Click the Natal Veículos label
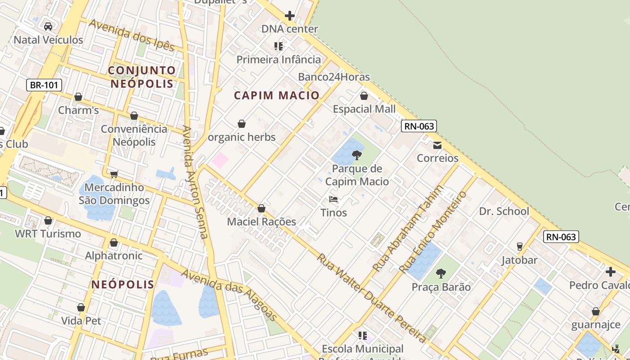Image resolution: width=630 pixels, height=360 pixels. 49,40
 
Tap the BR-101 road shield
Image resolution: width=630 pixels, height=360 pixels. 44,85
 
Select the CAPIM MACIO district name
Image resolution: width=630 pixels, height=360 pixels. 277,95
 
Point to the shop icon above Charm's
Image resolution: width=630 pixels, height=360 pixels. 78,97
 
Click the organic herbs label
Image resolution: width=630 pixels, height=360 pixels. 242,137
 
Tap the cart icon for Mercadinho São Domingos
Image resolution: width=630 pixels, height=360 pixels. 114,174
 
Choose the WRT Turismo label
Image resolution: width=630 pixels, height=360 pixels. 48,234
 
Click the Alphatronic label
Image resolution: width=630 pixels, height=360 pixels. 114,256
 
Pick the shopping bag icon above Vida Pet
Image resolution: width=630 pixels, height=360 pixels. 81,307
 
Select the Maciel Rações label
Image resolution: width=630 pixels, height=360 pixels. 261,221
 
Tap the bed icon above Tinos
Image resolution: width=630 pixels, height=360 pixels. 333,199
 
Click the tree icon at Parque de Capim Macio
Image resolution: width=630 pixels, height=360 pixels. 357,155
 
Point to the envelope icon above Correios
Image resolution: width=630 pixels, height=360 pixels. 437,145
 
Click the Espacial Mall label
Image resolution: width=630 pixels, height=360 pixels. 364,109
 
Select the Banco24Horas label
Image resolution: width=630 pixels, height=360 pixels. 334,77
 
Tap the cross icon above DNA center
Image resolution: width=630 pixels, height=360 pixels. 290,16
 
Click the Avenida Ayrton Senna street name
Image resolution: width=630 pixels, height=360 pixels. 195,182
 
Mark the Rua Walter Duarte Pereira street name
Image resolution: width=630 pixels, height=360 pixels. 371,298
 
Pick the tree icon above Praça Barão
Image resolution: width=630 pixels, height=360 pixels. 441,273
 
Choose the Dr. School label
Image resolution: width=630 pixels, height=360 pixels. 504,211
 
